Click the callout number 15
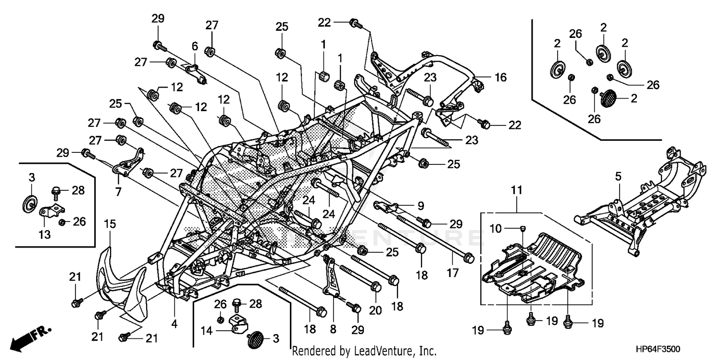(110, 223)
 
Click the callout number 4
(174, 324)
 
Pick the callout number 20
(375, 310)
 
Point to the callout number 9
(420, 206)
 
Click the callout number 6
(195, 46)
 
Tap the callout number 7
(118, 192)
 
